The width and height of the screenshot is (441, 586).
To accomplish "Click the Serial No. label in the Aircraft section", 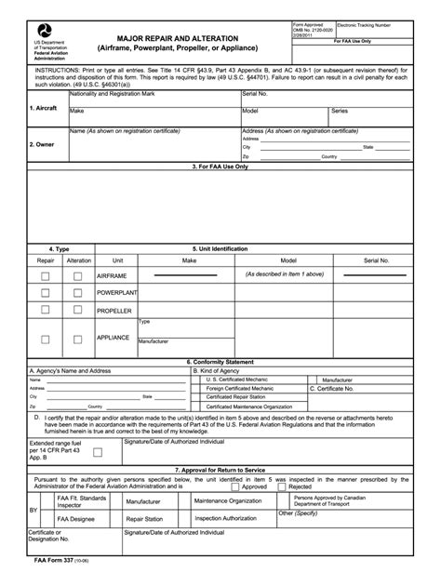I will pos(255,94).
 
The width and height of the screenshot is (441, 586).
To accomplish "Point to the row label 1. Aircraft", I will pos(44,109).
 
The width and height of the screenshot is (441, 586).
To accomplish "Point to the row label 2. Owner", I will pos(43,144).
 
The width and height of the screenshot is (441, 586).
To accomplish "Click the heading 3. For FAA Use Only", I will pos(220,166).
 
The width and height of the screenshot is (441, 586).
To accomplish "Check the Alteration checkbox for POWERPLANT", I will pos(78,293).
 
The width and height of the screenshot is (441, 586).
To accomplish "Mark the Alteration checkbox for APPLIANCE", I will pos(78,339).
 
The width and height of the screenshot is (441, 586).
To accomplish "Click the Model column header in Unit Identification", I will pos(288,261).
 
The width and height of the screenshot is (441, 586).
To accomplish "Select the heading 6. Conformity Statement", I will pos(220,361).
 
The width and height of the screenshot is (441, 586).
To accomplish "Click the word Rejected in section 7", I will pos(300,486).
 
